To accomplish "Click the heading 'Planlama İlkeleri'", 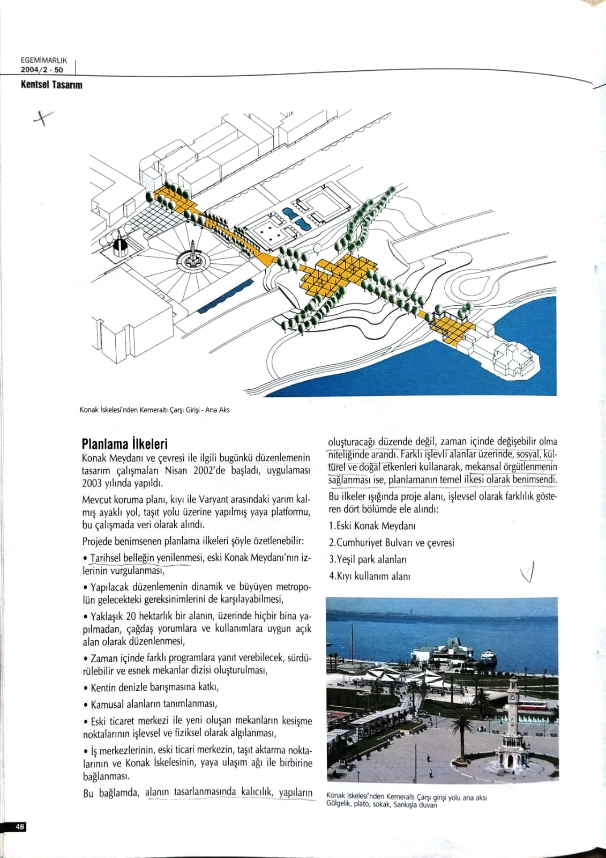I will point(124,443).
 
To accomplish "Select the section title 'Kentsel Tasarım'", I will point(51,85).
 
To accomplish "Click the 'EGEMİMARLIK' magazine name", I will point(42,61).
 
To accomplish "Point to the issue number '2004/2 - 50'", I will point(42,70).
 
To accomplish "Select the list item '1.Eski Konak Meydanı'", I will point(372,526).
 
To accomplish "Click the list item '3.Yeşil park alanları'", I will point(368,559).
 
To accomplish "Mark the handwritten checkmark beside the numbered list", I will point(528,573).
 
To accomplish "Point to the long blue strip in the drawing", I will point(225,295).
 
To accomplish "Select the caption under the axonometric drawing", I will point(154,410).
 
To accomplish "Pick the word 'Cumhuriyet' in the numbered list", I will point(359,543).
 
